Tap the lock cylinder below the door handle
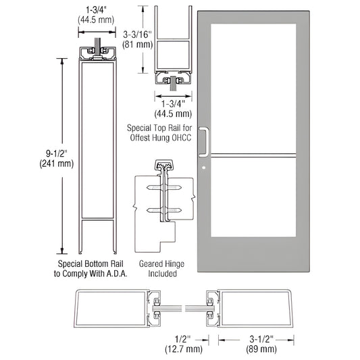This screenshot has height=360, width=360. point(202,161)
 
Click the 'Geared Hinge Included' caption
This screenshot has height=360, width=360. point(158,269)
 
